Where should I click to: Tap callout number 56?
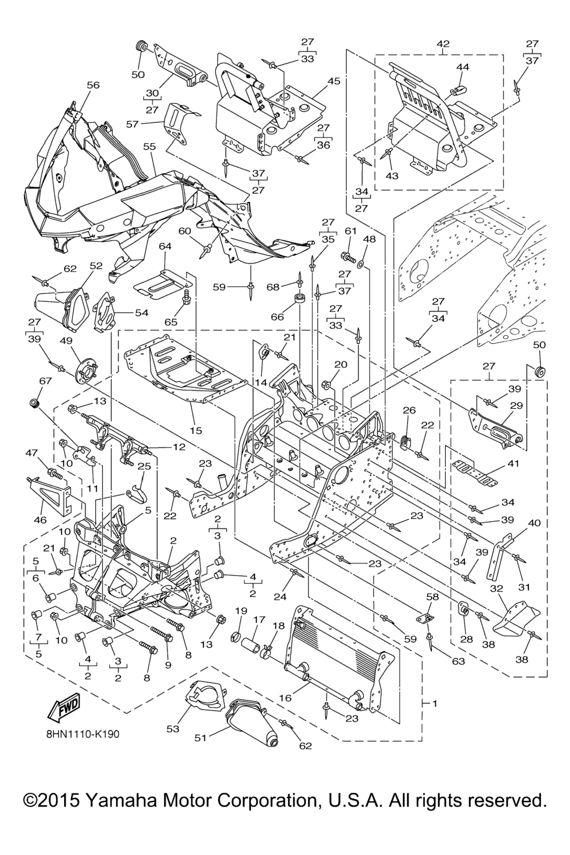tap(93, 85)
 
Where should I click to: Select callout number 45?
tap(333, 81)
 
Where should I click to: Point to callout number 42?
tap(444, 43)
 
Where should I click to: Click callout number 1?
tap(434, 704)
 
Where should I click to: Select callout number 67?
tap(45, 381)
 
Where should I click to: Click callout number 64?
tap(165, 246)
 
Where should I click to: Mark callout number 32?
tap(497, 588)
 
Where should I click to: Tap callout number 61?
tap(350, 232)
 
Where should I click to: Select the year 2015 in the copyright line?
tap(56, 801)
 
